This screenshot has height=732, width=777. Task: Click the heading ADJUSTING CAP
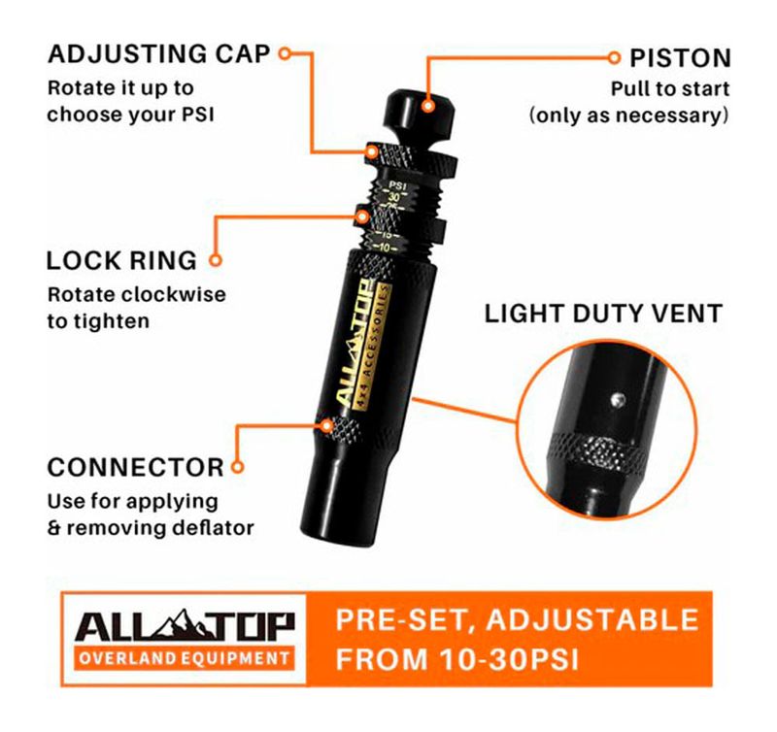point(158,54)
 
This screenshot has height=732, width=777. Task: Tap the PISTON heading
point(680,58)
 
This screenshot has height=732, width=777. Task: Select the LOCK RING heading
point(121,260)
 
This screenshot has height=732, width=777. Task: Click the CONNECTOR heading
point(135,468)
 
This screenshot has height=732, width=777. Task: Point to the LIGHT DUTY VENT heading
point(603,314)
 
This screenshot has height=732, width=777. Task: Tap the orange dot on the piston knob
point(428,106)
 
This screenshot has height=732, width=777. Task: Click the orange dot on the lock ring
point(363,216)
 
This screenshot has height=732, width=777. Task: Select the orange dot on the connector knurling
point(326,425)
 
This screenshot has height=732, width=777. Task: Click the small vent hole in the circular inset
point(617,400)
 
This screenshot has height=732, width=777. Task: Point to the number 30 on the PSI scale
point(394,197)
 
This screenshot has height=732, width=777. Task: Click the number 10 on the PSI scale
point(385,248)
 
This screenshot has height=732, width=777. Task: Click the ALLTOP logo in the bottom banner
point(185,625)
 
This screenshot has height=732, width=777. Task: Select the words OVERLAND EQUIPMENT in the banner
point(185,658)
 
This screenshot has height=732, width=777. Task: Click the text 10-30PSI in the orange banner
point(509,660)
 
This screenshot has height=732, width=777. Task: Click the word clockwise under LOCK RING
point(174,295)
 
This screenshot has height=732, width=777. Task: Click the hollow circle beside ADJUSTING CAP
point(285,53)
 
